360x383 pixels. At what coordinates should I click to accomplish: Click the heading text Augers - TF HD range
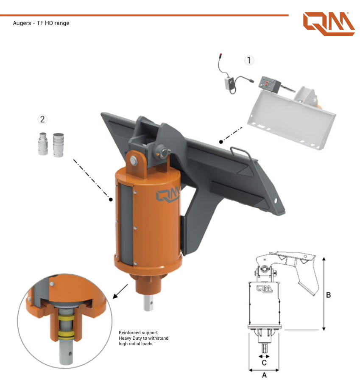pyautogui.click(x=41, y=23)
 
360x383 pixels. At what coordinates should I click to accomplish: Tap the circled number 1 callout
pyautogui.click(x=249, y=60)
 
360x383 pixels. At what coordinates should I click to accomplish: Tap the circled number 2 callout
pyautogui.click(x=42, y=119)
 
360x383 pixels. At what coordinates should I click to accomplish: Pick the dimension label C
pyautogui.click(x=264, y=363)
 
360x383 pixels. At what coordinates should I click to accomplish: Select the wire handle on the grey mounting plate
pyautogui.click(x=241, y=153)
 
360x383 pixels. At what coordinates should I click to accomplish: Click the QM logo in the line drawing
pyautogui.click(x=264, y=289)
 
